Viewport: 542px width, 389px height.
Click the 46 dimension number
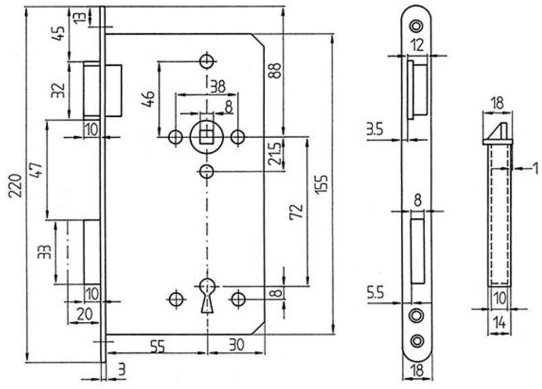click(149, 98)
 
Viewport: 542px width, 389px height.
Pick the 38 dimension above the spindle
click(217, 86)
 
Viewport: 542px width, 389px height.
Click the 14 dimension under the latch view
click(498, 323)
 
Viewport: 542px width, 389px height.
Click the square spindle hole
click(206, 136)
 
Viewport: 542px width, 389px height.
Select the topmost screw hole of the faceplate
click(416, 25)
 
